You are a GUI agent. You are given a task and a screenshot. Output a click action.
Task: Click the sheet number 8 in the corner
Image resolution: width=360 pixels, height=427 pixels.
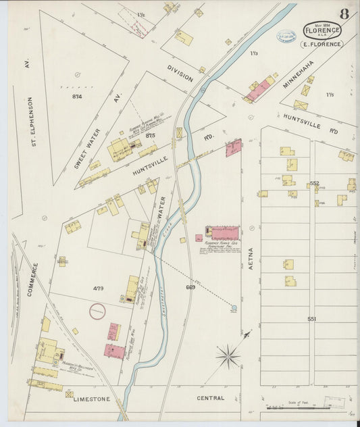[344, 14]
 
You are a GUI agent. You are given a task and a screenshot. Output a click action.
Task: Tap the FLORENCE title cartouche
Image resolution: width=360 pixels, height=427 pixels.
[322, 30]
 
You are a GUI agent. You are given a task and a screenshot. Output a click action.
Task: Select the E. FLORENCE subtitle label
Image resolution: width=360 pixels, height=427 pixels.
[322, 45]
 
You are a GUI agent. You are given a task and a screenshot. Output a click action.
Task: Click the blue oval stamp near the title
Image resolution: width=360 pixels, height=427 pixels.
[286, 36]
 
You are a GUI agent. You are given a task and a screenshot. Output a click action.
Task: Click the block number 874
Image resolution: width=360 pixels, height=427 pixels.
[76, 97]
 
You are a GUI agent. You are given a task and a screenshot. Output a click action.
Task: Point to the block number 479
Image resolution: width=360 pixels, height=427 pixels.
[99, 288]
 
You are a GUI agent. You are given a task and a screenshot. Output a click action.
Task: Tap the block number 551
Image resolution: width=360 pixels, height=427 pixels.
[312, 318]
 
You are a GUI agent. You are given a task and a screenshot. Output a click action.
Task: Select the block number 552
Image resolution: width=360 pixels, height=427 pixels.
[314, 183]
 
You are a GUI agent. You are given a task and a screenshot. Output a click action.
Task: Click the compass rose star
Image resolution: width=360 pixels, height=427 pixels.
[228, 355]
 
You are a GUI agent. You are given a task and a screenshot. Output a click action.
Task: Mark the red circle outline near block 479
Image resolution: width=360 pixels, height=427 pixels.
[98, 311]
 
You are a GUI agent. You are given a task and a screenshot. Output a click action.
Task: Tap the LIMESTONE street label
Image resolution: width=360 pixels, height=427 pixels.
[91, 399]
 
